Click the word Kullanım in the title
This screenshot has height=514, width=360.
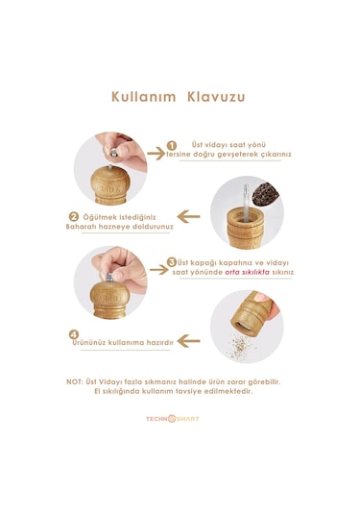point(143,97)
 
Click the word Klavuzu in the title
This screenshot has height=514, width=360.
point(216,97)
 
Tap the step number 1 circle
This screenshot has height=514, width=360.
point(171,145)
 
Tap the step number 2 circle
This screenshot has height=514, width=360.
point(73,217)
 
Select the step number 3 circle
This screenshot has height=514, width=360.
point(171,262)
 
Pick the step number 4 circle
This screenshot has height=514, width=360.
point(74,334)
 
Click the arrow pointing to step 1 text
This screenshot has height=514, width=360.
point(156,154)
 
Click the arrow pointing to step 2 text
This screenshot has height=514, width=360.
point(188,217)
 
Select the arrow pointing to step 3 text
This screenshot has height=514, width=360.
point(158,270)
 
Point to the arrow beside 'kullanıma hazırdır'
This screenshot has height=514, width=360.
point(188,341)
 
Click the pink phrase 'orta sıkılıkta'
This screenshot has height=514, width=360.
point(247,272)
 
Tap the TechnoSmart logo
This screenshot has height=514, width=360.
point(172,419)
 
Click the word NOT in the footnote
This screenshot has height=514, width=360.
point(74,381)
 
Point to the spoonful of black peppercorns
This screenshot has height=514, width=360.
point(265,194)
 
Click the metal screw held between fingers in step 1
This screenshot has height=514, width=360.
point(113,152)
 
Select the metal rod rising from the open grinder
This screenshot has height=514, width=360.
point(246,203)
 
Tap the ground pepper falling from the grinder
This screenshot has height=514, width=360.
point(240,346)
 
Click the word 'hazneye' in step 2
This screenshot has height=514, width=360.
point(119,227)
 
